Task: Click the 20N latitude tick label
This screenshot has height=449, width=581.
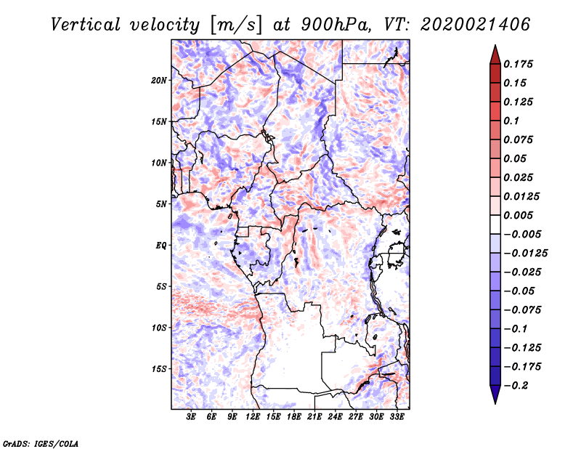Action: click(159, 80)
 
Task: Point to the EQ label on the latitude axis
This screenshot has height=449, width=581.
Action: click(161, 246)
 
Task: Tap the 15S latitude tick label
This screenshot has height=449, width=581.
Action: click(159, 369)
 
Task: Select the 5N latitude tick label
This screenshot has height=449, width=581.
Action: click(161, 204)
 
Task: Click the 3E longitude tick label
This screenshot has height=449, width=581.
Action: click(192, 416)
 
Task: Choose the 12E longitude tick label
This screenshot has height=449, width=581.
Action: click(253, 416)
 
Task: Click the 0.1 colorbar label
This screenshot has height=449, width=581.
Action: click(512, 121)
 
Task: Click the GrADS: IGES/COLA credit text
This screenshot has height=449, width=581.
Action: click(41, 442)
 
